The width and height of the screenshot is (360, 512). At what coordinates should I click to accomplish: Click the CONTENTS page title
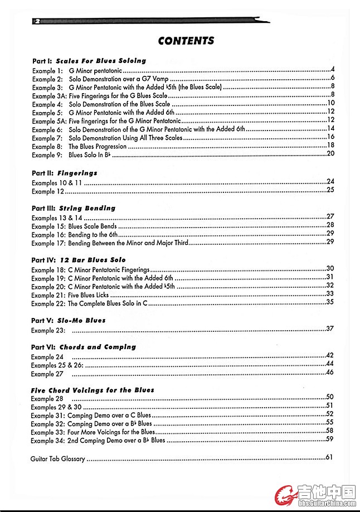[x=186, y=41]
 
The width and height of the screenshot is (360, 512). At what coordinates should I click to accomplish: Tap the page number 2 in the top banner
[x=37, y=21]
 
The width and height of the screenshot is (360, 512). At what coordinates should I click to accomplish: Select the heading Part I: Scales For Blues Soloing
[x=89, y=60]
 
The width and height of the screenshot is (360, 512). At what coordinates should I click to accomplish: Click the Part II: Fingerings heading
[x=65, y=173]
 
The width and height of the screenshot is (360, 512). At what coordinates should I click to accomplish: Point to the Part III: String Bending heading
[x=74, y=208]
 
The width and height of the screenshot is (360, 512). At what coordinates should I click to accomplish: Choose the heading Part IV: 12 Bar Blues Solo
[x=79, y=260]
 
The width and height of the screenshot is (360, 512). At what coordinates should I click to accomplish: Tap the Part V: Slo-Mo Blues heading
[x=69, y=321]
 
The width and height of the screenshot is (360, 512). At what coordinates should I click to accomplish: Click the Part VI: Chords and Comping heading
[x=84, y=347]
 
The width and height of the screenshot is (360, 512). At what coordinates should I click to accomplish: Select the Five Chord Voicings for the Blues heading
[x=93, y=390]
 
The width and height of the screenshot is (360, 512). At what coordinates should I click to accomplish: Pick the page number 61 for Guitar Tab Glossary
[x=329, y=458]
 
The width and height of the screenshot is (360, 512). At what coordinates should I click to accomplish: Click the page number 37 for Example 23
[x=329, y=329]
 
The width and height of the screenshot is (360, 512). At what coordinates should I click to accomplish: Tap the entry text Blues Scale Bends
[x=93, y=226]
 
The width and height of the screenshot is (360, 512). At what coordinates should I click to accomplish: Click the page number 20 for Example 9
[x=330, y=153]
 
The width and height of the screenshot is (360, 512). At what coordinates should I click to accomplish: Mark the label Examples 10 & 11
[x=57, y=183]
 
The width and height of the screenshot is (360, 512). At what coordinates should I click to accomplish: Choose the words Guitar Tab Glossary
[x=58, y=460]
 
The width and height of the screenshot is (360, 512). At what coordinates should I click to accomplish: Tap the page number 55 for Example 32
[x=329, y=422]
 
